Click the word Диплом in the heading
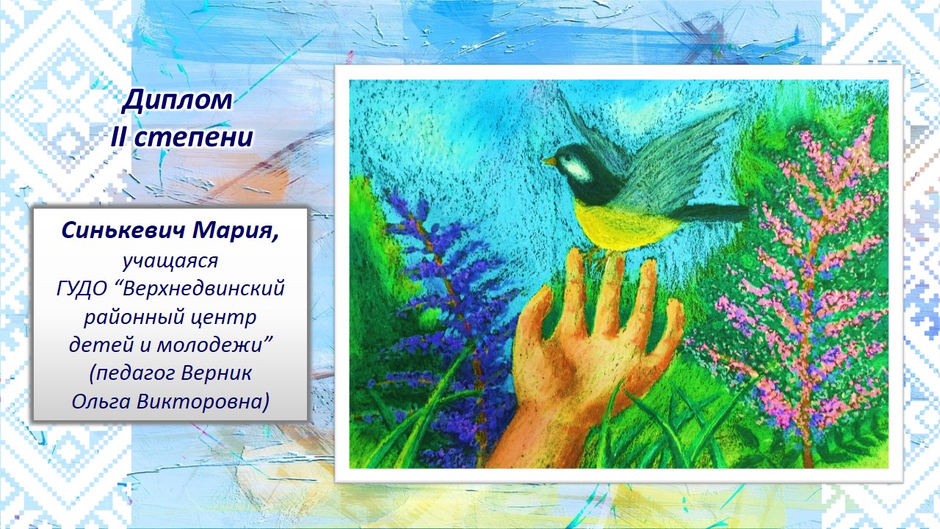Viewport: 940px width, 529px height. click(177, 101)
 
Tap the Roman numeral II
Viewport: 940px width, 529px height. click(119, 137)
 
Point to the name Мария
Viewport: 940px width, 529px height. click(236, 231)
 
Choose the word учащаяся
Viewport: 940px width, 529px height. click(170, 261)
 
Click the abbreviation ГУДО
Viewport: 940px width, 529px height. click(82, 289)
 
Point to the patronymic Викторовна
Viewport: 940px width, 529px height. click(203, 401)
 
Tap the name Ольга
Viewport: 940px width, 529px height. click(101, 402)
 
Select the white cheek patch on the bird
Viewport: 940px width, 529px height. click(574, 168)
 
